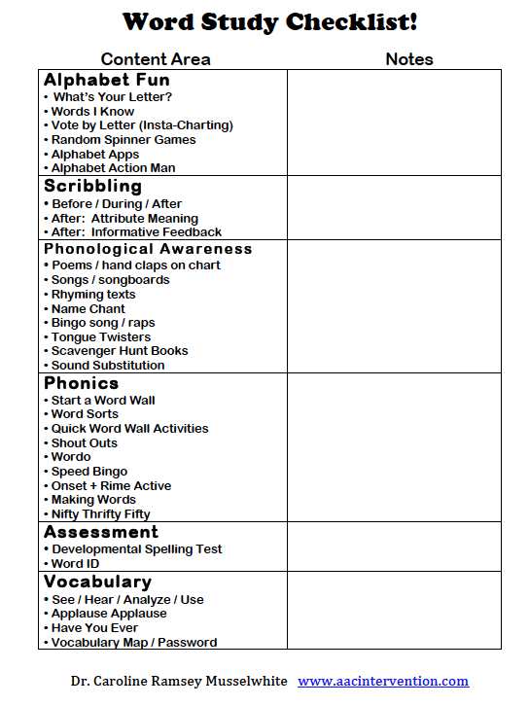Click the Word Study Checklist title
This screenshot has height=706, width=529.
pos(270,22)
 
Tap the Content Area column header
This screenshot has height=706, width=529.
pos(156,59)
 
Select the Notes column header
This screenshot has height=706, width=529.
pos(409,59)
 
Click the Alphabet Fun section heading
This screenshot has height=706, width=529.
pos(107,80)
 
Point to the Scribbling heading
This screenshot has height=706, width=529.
pos(92,186)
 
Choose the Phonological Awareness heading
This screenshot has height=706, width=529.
pos(148,249)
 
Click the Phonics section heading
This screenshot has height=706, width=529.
pos(82,383)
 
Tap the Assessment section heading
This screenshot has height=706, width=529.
pos(100,532)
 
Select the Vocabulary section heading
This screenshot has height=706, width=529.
pos(97,582)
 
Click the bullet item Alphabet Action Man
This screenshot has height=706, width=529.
pos(113,168)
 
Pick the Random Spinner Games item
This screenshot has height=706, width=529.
pos(123,140)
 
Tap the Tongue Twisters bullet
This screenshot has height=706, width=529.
pos(101,336)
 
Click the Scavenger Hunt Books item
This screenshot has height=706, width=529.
pos(120,351)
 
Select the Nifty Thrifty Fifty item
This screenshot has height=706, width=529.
pos(100,514)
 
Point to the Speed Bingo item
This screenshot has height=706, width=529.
pos(89,472)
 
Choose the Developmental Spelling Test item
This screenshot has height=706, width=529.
pos(136,549)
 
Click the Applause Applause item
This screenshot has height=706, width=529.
pos(109,614)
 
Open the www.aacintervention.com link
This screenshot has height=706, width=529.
pos(383,681)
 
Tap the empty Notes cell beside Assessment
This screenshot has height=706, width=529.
pos(394,547)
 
